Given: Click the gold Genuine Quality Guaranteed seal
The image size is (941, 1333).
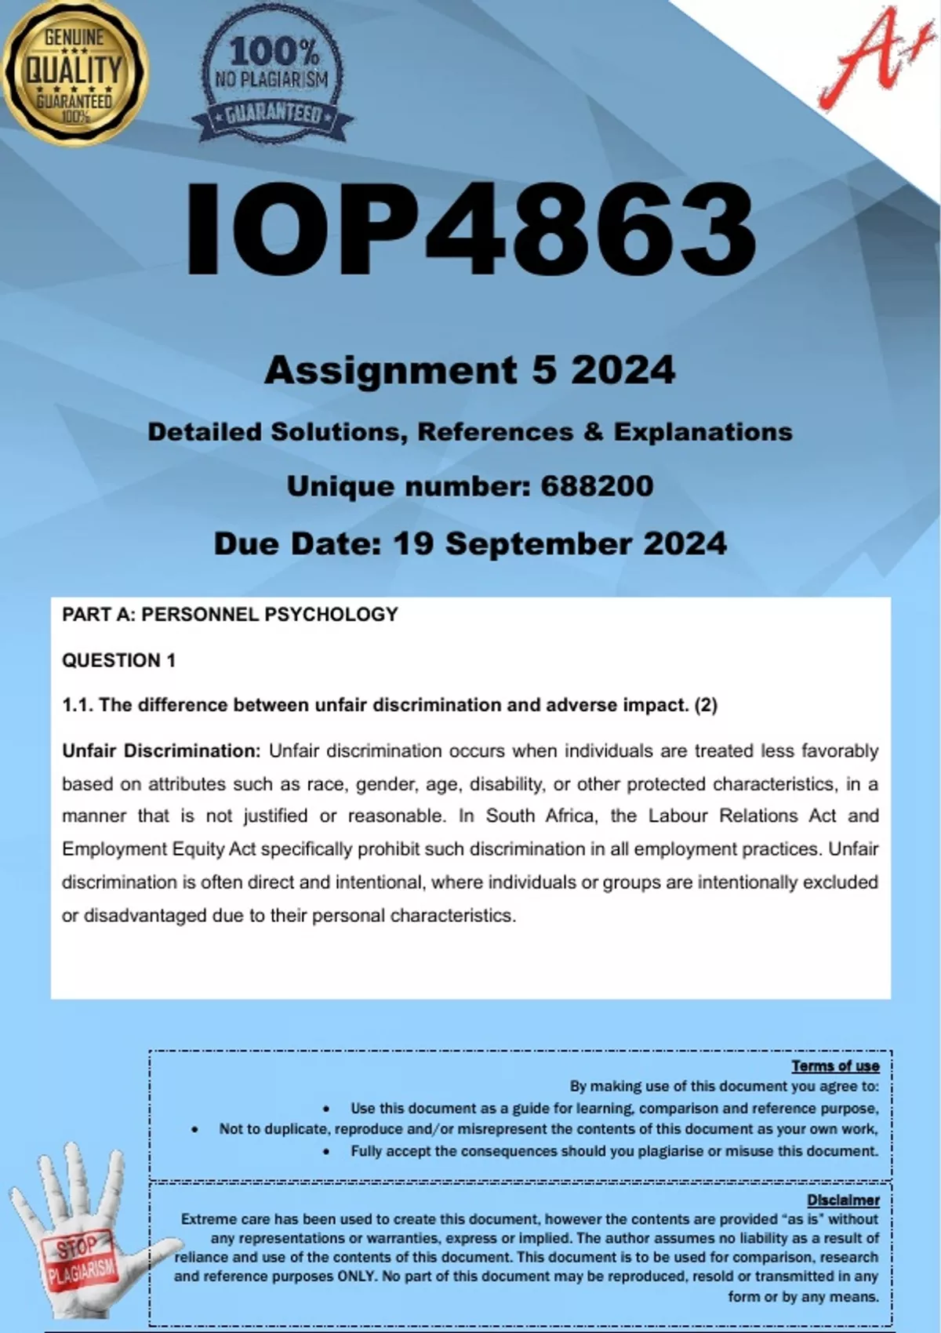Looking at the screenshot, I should pos(74,74).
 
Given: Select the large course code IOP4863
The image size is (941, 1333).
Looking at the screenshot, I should pos(470,229).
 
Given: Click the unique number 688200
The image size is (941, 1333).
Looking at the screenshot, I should pos(597,486).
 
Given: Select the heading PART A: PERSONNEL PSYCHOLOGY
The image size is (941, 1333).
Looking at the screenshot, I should pos(230,615).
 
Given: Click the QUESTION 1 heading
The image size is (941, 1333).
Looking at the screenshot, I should pos(118,660).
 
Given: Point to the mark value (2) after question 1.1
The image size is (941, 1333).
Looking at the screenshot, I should pos(706,705).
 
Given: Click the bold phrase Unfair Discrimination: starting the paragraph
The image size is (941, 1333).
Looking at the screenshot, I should pos(161,751).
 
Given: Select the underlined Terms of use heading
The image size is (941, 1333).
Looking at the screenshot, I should pos(835,1066).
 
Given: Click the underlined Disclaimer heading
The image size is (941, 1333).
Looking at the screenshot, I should pos(843,1200).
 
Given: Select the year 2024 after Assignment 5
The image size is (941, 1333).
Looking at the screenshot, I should pos(623,370).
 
